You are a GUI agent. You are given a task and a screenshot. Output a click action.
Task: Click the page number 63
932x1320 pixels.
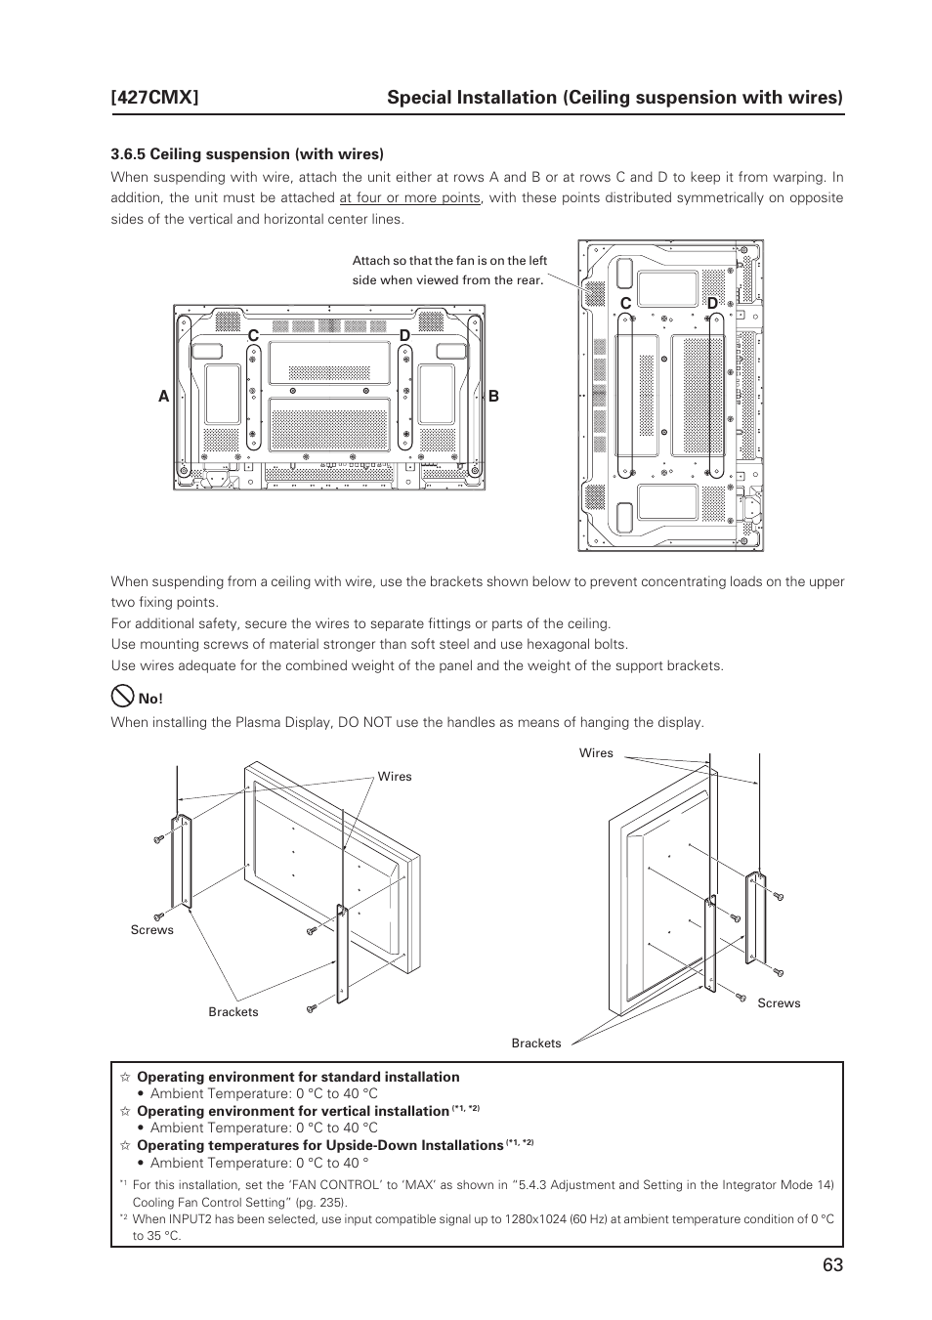(x=831, y=1264)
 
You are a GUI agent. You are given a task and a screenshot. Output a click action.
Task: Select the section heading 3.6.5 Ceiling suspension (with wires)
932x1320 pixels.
(x=247, y=153)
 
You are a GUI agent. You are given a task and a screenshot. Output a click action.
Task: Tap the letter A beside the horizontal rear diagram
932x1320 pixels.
(x=164, y=397)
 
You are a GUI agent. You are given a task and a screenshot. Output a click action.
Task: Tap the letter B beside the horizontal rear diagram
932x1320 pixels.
(x=493, y=397)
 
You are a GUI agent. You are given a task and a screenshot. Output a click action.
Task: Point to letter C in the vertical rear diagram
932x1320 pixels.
(x=625, y=304)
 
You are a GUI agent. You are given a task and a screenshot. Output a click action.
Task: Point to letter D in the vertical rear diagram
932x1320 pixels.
(x=711, y=304)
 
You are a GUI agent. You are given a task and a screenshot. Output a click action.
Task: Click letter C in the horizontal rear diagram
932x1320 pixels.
(x=252, y=336)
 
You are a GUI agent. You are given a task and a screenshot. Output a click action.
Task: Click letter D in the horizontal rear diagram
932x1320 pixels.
(x=403, y=336)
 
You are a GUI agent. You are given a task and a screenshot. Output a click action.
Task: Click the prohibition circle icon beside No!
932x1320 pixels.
(x=122, y=697)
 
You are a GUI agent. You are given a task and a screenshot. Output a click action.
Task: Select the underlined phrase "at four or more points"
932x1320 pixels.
(x=409, y=198)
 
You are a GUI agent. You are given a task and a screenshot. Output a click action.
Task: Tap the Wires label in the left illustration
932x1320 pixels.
(x=395, y=777)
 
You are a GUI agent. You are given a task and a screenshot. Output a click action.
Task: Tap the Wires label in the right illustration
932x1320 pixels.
(x=596, y=753)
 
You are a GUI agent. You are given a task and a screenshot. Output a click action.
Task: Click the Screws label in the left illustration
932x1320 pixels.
(x=152, y=930)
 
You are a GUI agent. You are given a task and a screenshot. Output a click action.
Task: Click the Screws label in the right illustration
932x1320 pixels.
(x=779, y=1003)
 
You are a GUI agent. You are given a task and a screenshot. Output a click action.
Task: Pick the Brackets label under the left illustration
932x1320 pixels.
(x=233, y=1012)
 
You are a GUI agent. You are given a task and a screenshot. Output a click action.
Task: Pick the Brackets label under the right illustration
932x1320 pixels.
(x=536, y=1043)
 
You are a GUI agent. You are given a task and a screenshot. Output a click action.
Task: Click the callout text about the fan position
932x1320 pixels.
(x=449, y=271)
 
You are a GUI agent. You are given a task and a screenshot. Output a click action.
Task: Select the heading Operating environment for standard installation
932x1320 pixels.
(x=298, y=1077)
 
